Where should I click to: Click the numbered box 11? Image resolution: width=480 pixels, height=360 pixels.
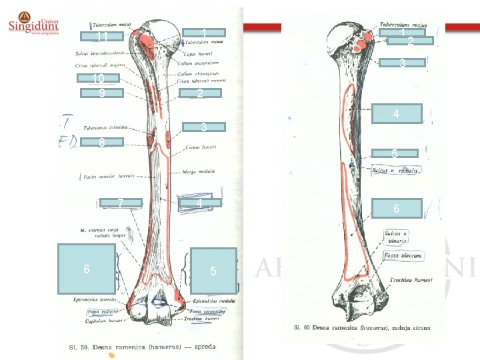(x=102, y=36)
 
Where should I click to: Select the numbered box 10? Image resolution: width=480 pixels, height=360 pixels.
(x=99, y=78)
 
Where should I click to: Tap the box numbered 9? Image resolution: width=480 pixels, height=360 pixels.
(x=102, y=93)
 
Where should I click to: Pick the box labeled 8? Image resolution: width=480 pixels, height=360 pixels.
(x=102, y=142)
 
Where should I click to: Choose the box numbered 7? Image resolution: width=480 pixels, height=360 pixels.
(x=120, y=203)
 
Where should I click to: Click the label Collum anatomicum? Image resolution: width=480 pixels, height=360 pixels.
(x=200, y=63)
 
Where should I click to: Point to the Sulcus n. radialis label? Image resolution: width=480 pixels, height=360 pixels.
(x=395, y=171)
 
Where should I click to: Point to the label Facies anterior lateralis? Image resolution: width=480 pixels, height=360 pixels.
(x=109, y=177)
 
